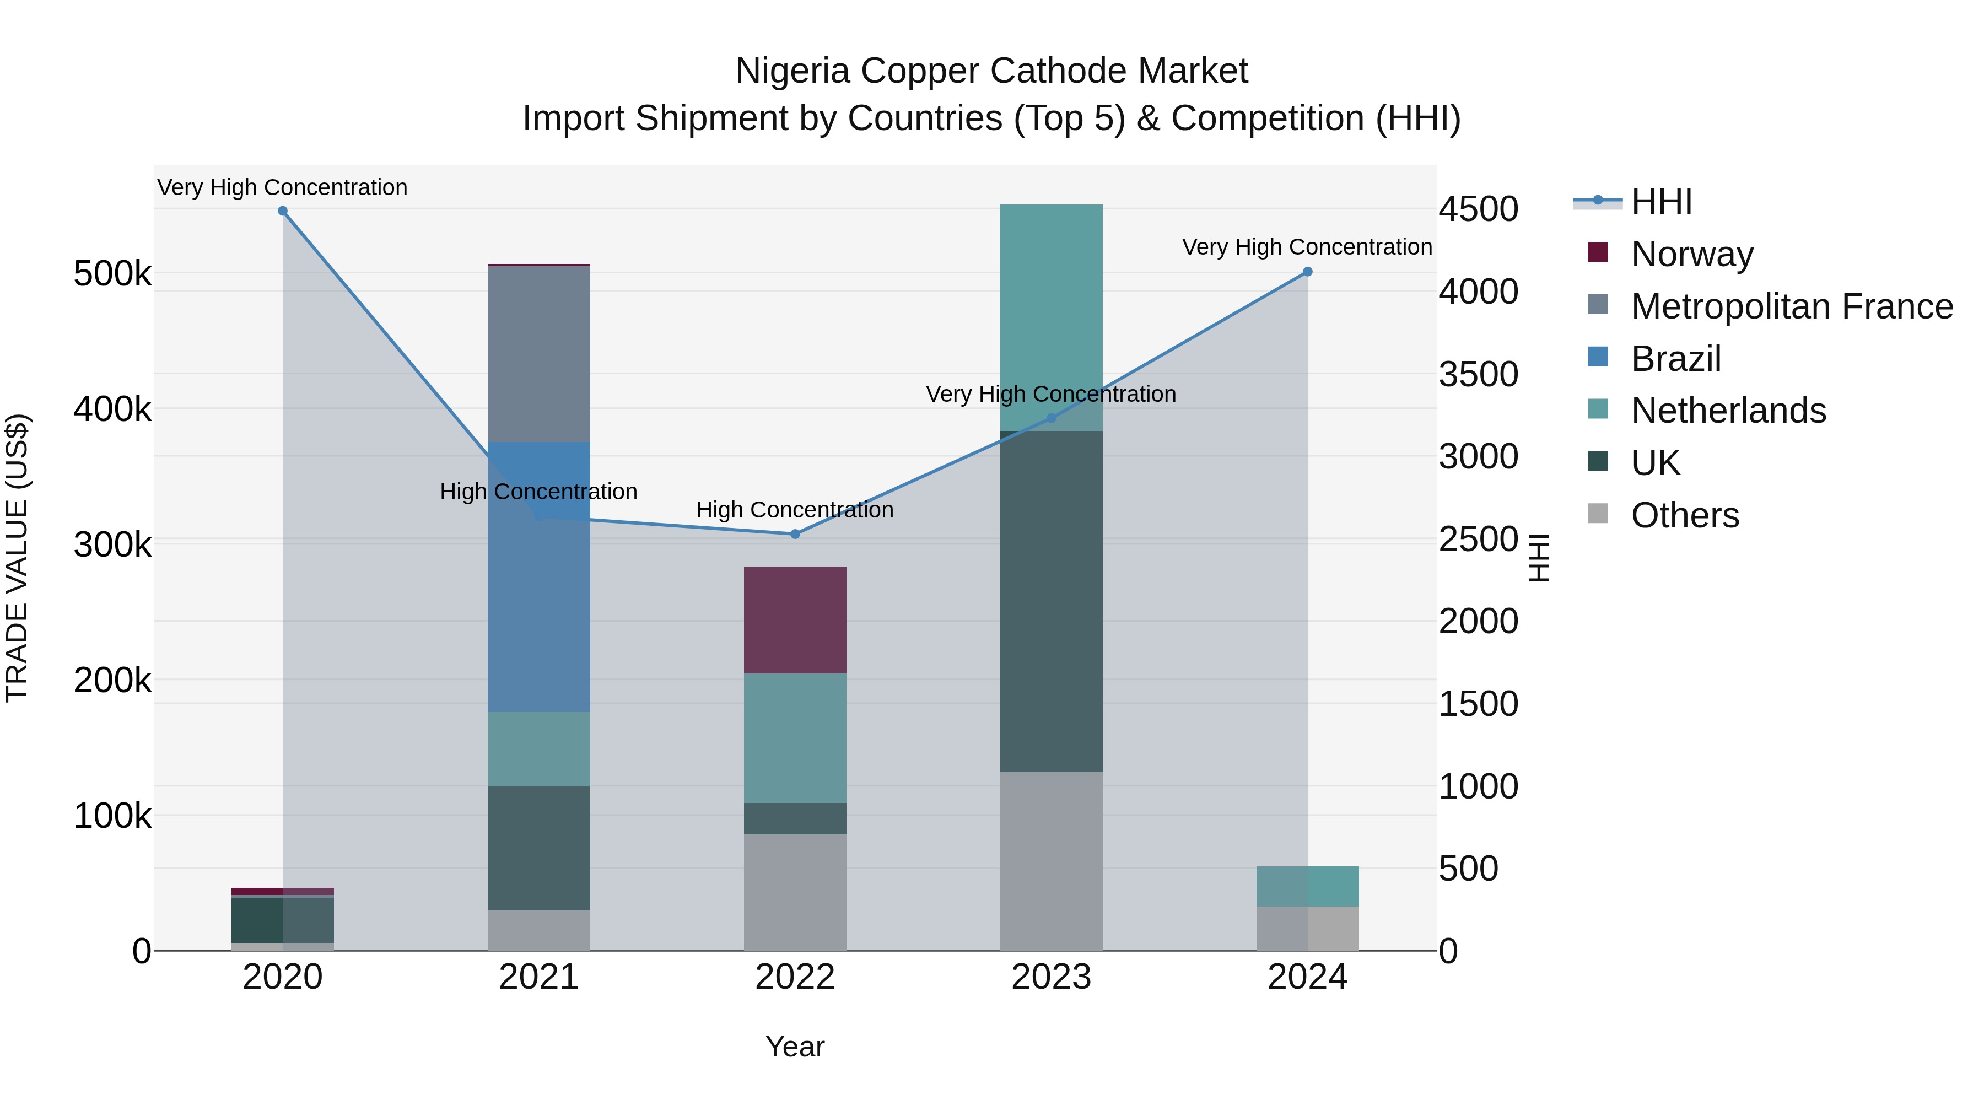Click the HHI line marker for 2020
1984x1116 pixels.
click(283, 211)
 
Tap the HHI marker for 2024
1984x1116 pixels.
click(1307, 272)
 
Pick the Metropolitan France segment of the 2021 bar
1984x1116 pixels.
click(539, 354)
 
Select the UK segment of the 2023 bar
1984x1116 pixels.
click(1052, 601)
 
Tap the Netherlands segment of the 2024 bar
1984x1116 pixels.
click(1307, 887)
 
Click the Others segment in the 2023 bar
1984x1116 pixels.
click(1052, 861)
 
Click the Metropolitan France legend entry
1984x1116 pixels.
click(1792, 306)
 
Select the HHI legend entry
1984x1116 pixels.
click(1661, 202)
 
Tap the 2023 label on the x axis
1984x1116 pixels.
click(1052, 977)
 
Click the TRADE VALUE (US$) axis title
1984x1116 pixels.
click(17, 558)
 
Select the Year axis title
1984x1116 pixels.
click(795, 1047)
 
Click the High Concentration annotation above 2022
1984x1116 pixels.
click(795, 510)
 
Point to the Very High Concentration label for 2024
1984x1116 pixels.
click(1307, 247)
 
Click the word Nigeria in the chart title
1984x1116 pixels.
click(792, 71)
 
